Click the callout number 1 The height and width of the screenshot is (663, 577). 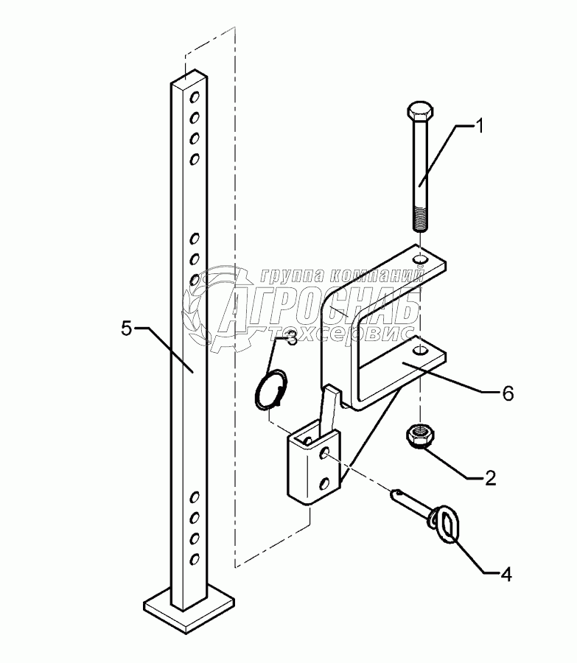(x=478, y=126)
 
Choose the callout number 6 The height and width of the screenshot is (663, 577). (x=508, y=393)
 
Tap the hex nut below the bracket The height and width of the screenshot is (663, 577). (x=419, y=434)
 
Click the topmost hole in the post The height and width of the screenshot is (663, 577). (x=195, y=97)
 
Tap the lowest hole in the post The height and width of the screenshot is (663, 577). (x=195, y=559)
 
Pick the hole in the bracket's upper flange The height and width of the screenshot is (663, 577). (x=419, y=260)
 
